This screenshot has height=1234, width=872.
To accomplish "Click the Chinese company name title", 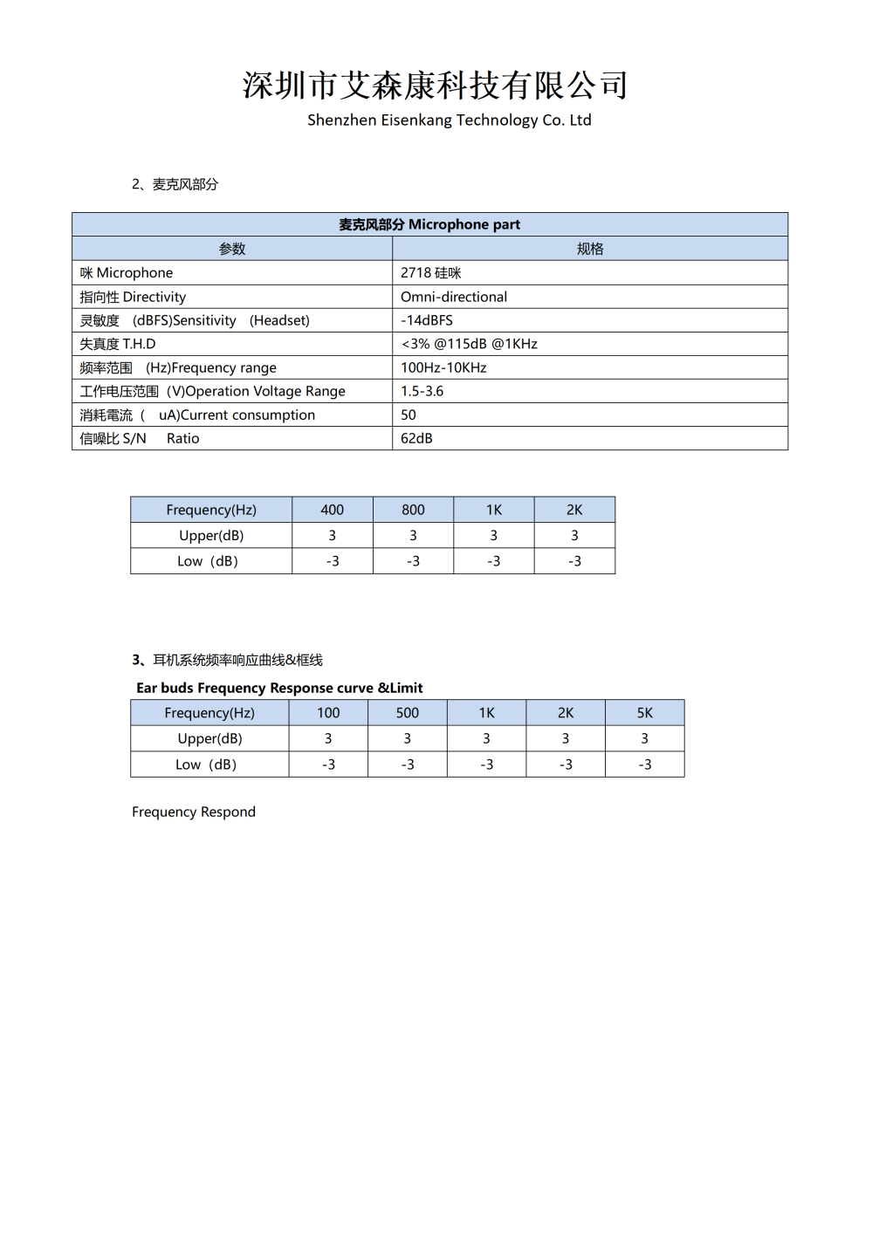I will [x=435, y=85].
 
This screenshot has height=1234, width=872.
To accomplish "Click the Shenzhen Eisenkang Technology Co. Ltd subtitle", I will [x=449, y=120].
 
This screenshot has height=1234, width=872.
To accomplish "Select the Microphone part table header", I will [x=429, y=224].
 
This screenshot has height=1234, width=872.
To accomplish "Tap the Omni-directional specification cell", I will [x=454, y=297].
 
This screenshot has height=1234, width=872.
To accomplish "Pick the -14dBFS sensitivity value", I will [x=427, y=320].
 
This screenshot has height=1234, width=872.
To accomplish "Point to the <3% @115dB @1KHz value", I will [x=469, y=344].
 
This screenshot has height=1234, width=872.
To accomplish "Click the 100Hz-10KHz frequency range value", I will [x=443, y=367].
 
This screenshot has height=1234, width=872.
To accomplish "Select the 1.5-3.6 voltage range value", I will [x=422, y=391].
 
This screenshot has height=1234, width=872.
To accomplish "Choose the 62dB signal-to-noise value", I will [x=416, y=438].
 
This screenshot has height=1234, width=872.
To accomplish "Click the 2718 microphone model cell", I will [x=430, y=273].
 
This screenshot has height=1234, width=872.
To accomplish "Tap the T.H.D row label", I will [x=118, y=344].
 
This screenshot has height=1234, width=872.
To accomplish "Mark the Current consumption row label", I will [x=197, y=415].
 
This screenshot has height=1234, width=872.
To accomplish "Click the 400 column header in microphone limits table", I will [x=333, y=510].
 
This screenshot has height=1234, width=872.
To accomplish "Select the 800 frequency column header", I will [x=413, y=510].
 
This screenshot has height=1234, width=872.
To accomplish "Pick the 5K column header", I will [x=644, y=713].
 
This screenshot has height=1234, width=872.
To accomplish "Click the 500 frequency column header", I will [x=407, y=713].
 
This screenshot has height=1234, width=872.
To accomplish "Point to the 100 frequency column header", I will [x=328, y=713].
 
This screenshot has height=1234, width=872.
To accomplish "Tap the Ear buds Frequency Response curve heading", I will [x=279, y=688].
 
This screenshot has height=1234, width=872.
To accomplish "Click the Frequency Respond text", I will [x=194, y=812].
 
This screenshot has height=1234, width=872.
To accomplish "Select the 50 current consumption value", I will [x=409, y=415].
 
